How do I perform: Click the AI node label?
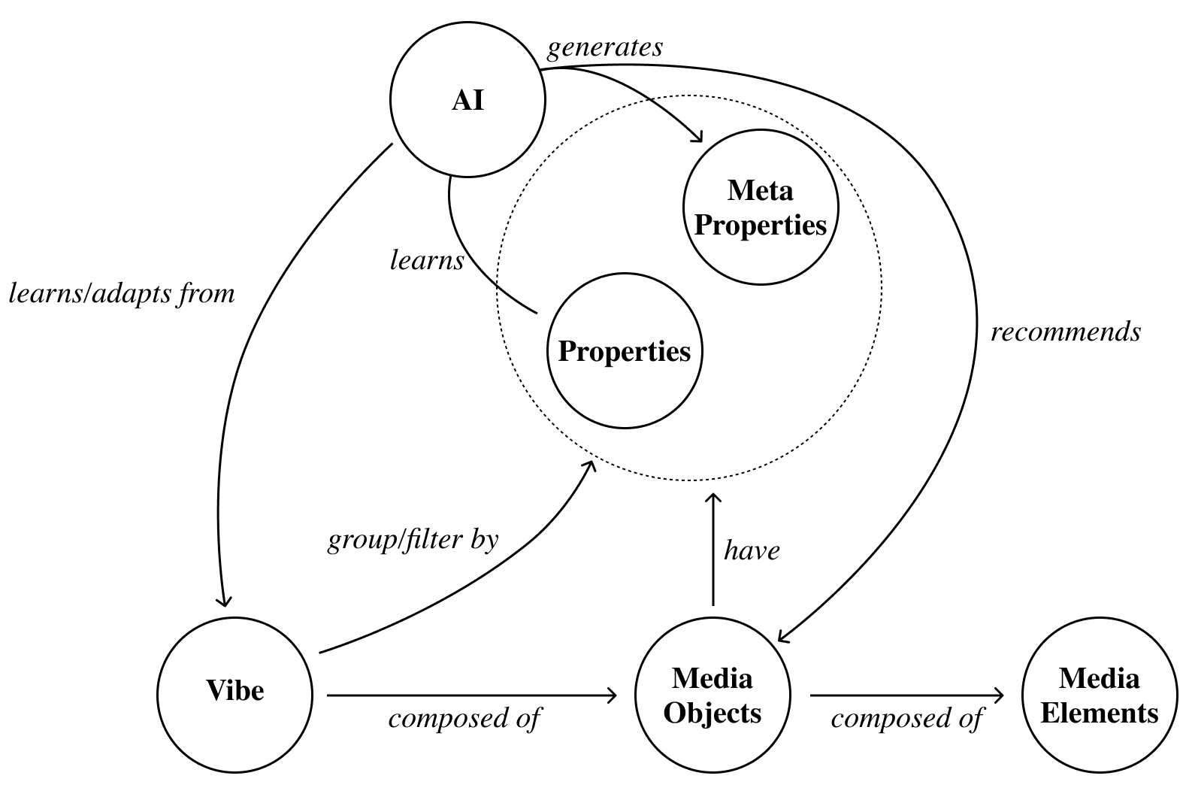(467, 100)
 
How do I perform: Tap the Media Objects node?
(713, 695)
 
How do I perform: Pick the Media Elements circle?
(1099, 695)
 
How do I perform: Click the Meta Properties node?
(760, 208)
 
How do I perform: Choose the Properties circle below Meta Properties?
(624, 351)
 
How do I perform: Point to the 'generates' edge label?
(604, 47)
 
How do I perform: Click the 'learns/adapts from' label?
(122, 292)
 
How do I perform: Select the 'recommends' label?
(1065, 332)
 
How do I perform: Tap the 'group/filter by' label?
(413, 540)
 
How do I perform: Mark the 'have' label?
(752, 551)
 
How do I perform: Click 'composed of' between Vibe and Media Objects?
(464, 719)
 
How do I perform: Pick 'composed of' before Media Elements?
(906, 719)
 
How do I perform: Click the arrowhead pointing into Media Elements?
(1000, 695)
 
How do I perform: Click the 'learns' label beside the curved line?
(426, 261)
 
